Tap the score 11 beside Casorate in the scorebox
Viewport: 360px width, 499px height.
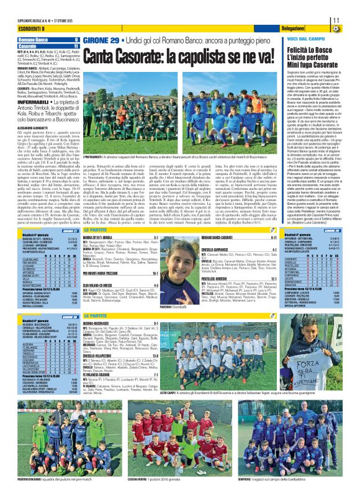pos(76,46)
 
